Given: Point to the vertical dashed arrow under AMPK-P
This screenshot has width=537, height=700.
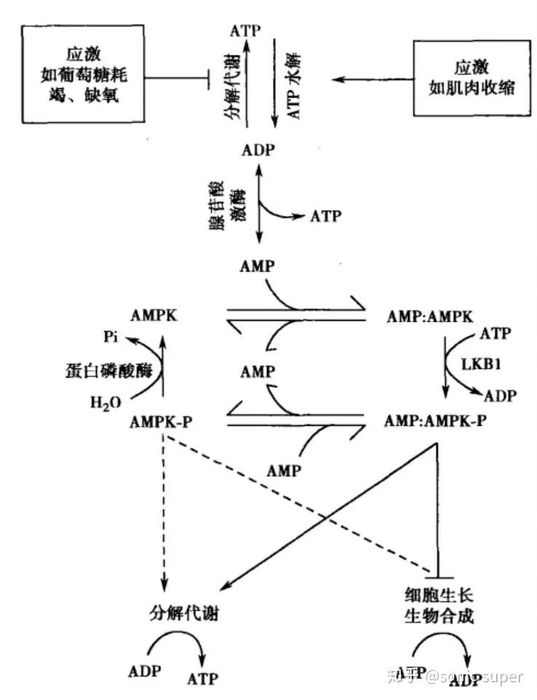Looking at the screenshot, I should (165, 510).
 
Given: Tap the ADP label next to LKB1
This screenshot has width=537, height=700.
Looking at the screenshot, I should (500, 396).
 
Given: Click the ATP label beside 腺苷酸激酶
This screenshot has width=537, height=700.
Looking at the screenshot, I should (326, 216).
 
